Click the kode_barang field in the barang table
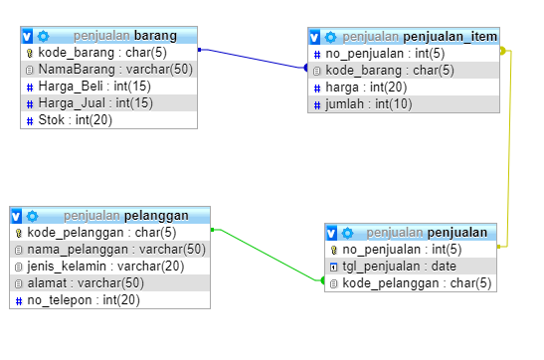94,52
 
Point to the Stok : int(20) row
76,120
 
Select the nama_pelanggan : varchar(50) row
115,249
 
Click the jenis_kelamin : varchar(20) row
105,266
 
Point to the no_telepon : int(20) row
84,299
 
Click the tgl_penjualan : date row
399,266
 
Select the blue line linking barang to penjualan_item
253,59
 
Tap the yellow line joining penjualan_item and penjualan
510,149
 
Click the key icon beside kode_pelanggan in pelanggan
18,232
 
